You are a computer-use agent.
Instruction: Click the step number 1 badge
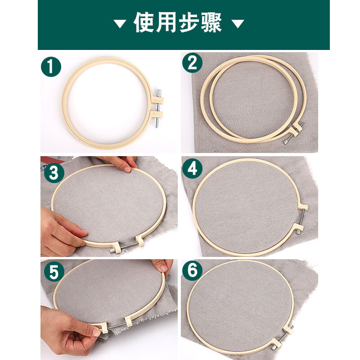[51, 67]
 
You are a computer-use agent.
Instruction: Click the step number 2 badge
[192, 63]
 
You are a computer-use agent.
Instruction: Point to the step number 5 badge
[54, 272]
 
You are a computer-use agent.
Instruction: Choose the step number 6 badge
[192, 271]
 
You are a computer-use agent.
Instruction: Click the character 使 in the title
[144, 23]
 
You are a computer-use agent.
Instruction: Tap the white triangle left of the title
[120, 24]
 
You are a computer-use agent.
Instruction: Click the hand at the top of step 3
[119, 163]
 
